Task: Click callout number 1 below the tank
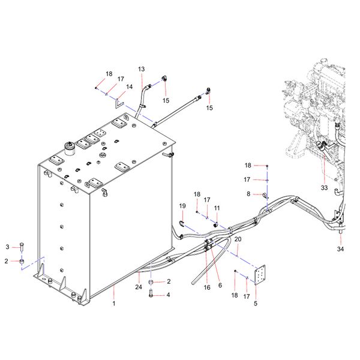(x=113, y=304)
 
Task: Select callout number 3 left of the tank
(x=7, y=247)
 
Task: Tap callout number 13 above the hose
(x=142, y=69)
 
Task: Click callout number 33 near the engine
(x=324, y=188)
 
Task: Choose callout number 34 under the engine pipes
(x=340, y=248)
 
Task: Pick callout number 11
(x=217, y=208)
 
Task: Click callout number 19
(x=182, y=206)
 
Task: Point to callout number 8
(x=248, y=194)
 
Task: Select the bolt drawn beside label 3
(x=22, y=247)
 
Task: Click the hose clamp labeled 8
(x=265, y=194)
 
